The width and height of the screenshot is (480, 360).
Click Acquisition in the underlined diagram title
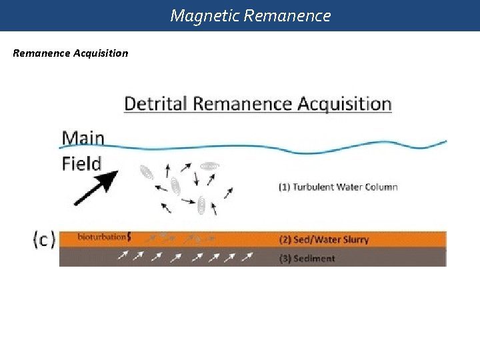click(344, 104)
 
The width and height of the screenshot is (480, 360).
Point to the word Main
click(83, 138)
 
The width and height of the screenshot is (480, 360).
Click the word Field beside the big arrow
click(81, 163)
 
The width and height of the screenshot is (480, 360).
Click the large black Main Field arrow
click(96, 187)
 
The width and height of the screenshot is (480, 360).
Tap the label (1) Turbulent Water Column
click(338, 187)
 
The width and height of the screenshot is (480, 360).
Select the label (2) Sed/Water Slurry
click(324, 239)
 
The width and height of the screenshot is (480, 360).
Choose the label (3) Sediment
click(307, 258)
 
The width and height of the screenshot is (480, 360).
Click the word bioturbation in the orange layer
click(101, 237)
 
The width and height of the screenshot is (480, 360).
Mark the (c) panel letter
click(44, 239)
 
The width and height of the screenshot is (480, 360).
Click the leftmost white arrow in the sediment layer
click(123, 257)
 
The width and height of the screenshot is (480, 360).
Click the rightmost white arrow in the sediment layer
click(247, 257)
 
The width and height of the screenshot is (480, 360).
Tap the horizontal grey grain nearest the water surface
click(210, 165)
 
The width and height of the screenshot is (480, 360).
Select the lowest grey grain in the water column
click(201, 206)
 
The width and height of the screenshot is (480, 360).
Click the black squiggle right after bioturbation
click(129, 237)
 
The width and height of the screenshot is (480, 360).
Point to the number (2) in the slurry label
click(284, 239)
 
